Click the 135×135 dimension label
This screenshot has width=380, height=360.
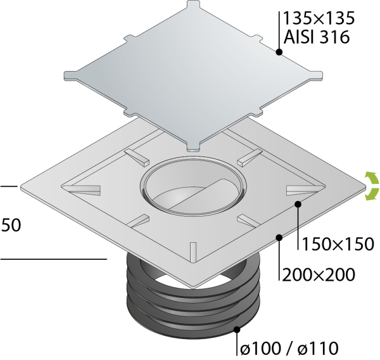(x=319, y=18)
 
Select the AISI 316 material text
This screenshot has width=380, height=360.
(x=317, y=37)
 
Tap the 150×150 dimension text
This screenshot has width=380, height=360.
(x=338, y=244)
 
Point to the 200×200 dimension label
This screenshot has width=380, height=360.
(x=319, y=275)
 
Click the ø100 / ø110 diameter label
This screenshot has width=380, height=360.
(x=289, y=349)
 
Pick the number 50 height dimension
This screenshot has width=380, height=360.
(x=11, y=225)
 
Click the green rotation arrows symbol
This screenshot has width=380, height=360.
(x=372, y=186)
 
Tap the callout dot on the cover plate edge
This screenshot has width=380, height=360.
(x=279, y=52)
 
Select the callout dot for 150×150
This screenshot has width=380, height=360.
(x=298, y=204)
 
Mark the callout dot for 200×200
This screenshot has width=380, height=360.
(x=279, y=237)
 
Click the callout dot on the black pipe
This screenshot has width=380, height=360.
(x=237, y=330)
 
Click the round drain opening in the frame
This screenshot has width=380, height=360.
(x=193, y=186)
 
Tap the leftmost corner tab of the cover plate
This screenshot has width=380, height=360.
(x=70, y=75)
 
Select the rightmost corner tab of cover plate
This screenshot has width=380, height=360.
(x=316, y=75)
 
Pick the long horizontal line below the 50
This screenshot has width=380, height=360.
(x=54, y=259)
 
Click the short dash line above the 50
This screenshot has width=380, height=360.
(x=9, y=186)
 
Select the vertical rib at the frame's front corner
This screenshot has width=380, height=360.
(x=193, y=252)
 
